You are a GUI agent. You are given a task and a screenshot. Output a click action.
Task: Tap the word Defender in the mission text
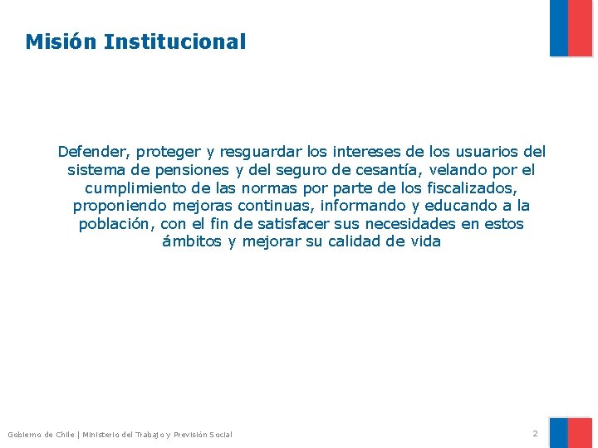88,152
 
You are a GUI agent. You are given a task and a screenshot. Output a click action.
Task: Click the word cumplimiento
135,188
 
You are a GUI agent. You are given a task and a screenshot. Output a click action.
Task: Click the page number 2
535,433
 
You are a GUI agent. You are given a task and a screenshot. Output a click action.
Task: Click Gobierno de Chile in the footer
41,435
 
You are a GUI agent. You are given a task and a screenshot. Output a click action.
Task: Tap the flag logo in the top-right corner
571,28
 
